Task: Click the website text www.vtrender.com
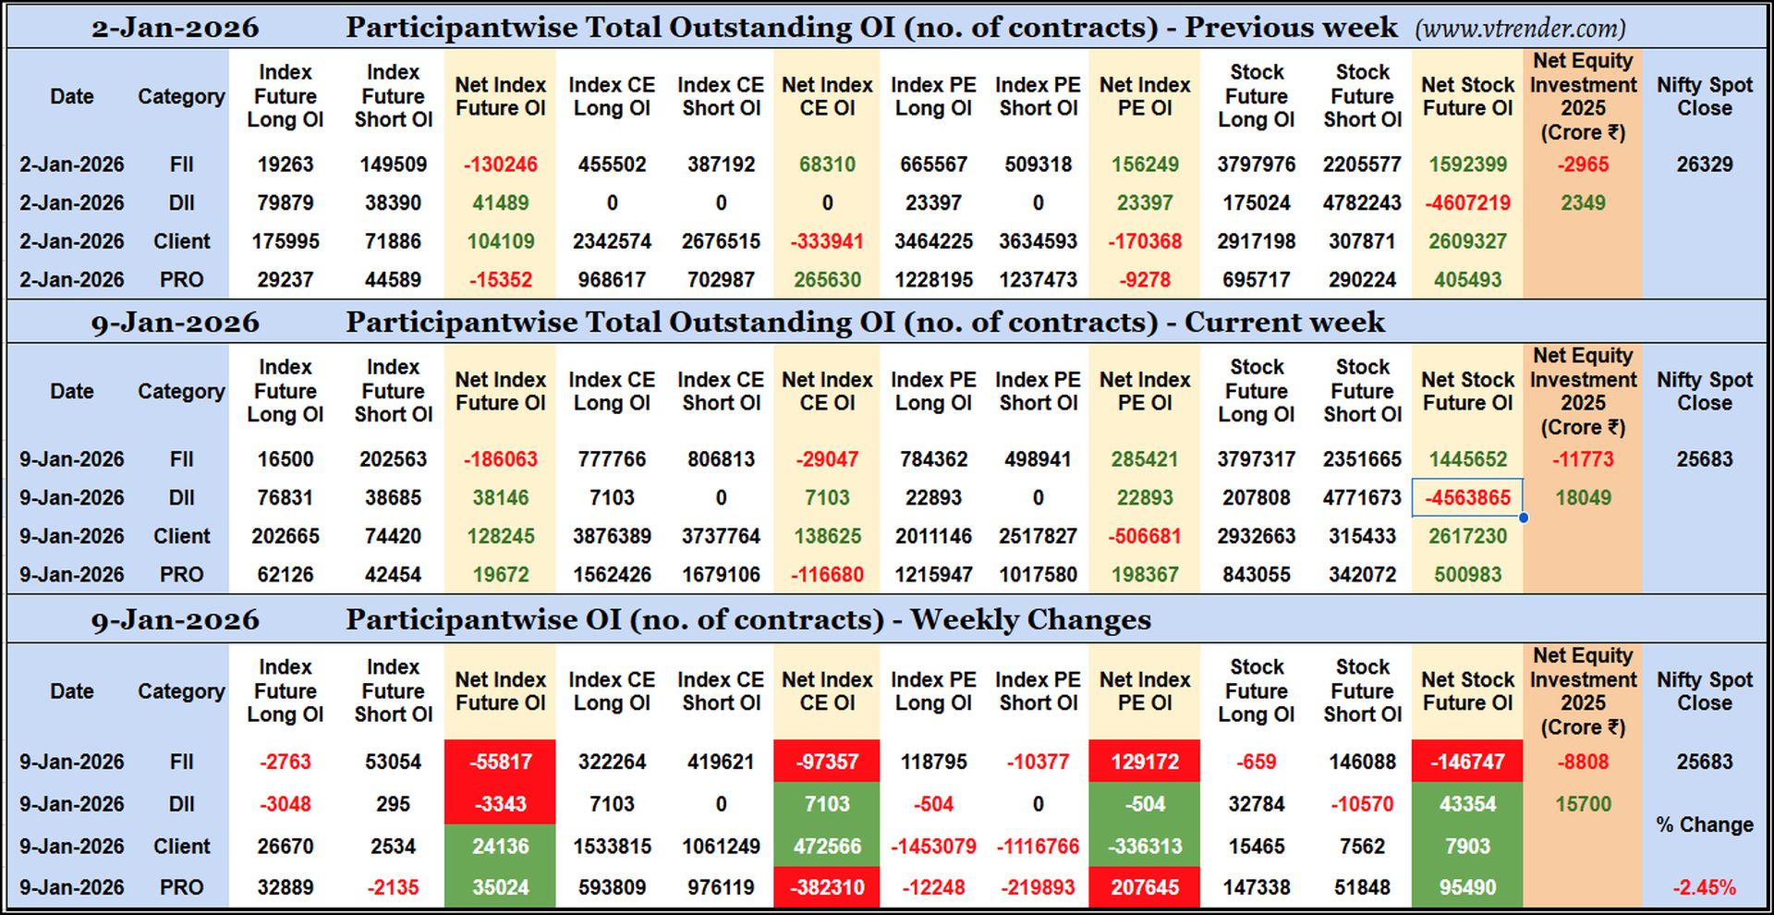1520,29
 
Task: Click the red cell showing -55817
500,762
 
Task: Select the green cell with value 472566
826,846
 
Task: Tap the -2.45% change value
1704,887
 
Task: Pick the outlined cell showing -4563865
1467,497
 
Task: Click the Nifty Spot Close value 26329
1704,165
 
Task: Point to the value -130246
500,165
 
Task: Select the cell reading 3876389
612,536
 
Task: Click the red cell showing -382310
826,887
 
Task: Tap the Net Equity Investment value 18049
1583,497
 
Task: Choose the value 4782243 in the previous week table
1362,202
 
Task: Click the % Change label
1704,824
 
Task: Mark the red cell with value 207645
1144,887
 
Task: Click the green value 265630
826,279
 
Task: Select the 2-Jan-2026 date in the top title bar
175,28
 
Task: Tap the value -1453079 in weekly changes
933,846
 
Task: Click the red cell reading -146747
1467,762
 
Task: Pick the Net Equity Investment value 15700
1583,804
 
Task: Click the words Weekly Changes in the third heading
1030,619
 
